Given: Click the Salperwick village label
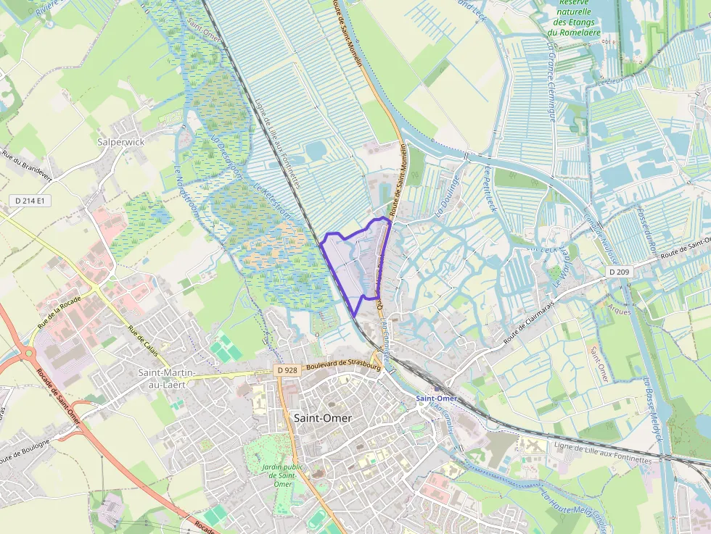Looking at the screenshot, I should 121,142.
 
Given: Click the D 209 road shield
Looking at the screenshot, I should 617,271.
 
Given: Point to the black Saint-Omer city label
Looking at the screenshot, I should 323,418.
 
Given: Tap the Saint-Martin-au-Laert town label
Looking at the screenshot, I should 166,378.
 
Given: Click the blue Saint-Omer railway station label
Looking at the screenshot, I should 437,399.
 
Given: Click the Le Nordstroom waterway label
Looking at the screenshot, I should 183,187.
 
